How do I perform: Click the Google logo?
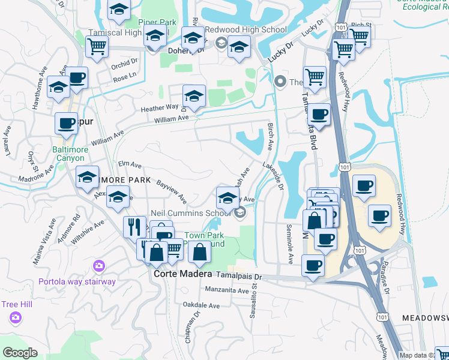pyautogui.click(x=20, y=353)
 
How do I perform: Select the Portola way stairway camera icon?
pyautogui.click(x=99, y=265)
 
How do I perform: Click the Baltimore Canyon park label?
pyautogui.click(x=70, y=154)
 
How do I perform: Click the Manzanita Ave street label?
pyautogui.click(x=227, y=291)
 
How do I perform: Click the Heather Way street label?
pyautogui.click(x=160, y=108)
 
